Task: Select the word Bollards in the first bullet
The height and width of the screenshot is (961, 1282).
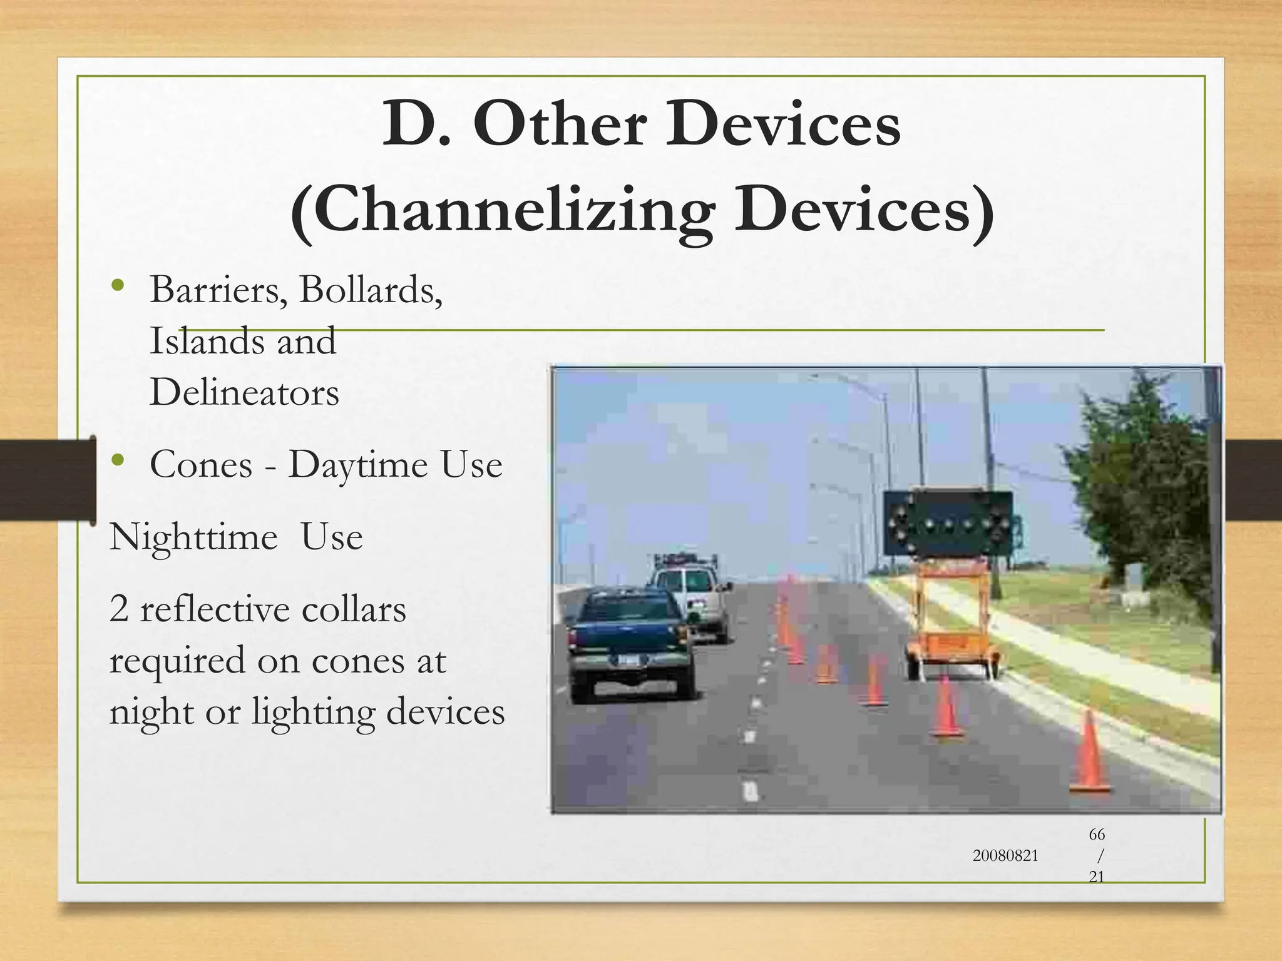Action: pos(371,290)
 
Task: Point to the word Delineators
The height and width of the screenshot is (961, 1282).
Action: pos(244,393)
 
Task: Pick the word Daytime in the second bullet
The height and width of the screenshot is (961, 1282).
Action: pos(357,465)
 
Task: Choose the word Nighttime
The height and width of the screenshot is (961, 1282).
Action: pos(193,537)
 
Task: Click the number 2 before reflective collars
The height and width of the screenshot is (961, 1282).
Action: pos(119,609)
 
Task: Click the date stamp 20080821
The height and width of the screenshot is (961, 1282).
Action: pos(1005,856)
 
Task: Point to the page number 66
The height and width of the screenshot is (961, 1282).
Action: pos(1097,835)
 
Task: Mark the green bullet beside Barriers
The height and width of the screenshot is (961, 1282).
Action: pos(117,287)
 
